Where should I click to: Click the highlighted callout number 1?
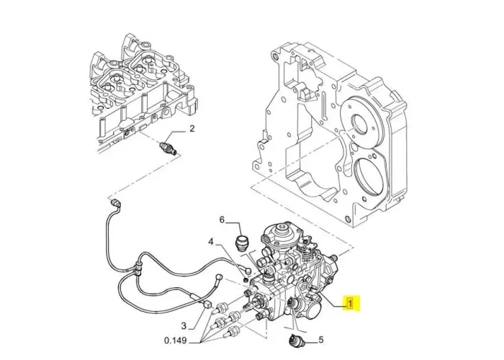[x=351, y=303]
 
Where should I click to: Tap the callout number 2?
[x=192, y=130]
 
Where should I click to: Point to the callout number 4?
[x=211, y=242]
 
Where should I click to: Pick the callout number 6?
[x=222, y=219]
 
